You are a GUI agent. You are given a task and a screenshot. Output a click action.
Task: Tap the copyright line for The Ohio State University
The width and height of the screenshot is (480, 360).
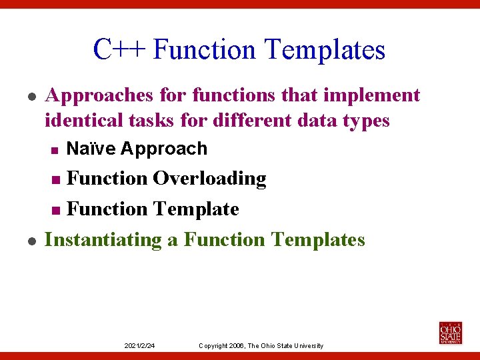tap(261, 345)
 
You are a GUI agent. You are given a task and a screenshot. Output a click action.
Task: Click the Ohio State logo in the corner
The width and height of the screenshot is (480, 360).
tap(450, 332)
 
